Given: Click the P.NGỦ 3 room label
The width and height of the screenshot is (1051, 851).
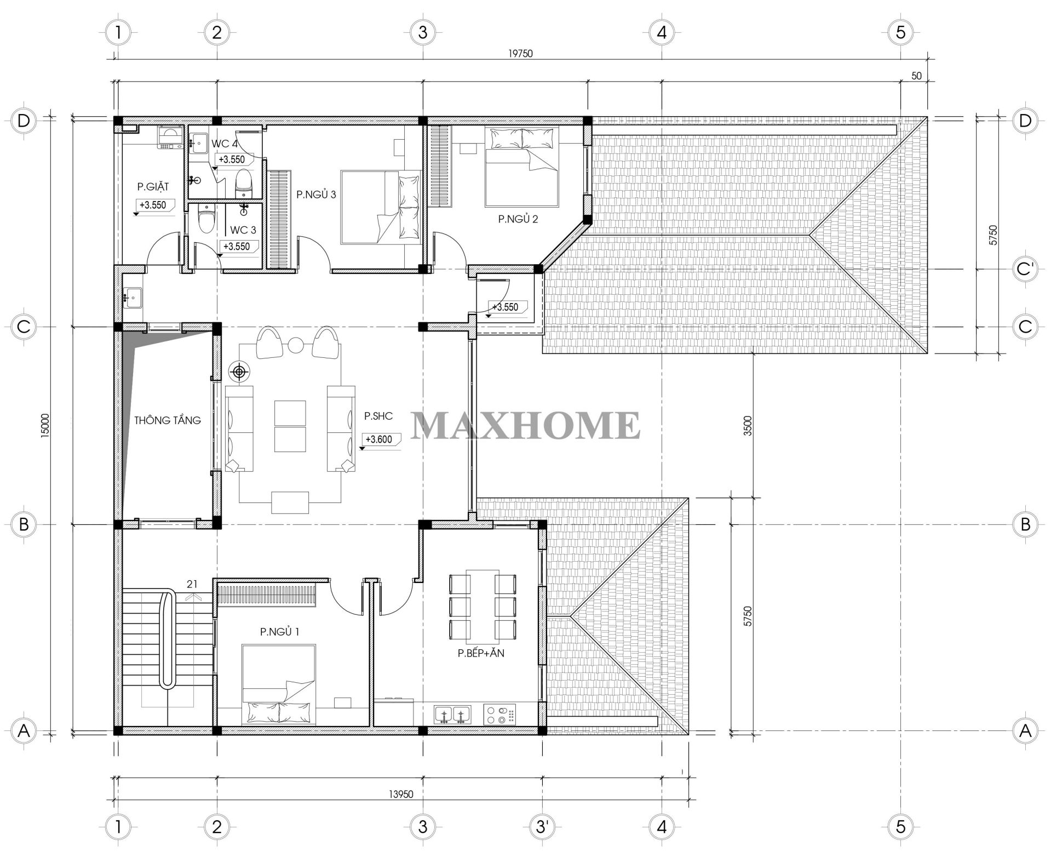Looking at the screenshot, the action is (316, 195).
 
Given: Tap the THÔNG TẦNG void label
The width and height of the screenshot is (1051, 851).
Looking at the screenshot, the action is (168, 420).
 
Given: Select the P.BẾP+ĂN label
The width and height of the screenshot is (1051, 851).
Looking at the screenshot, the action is (481, 653).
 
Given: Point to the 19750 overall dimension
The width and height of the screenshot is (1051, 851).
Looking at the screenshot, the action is (520, 53).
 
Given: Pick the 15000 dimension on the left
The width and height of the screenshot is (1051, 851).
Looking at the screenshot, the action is (45, 425).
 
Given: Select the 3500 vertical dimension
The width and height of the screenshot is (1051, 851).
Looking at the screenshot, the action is (748, 426).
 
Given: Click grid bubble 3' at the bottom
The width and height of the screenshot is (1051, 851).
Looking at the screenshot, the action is (542, 826).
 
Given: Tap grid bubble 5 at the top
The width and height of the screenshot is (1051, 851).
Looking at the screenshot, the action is (900, 32).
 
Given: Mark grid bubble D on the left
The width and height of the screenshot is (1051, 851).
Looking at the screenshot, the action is (24, 121).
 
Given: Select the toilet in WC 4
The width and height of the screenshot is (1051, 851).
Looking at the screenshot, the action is (243, 184).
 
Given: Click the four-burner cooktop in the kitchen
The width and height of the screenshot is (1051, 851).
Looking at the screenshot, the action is (500, 713).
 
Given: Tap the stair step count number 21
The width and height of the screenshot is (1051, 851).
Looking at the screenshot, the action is (192, 584).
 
